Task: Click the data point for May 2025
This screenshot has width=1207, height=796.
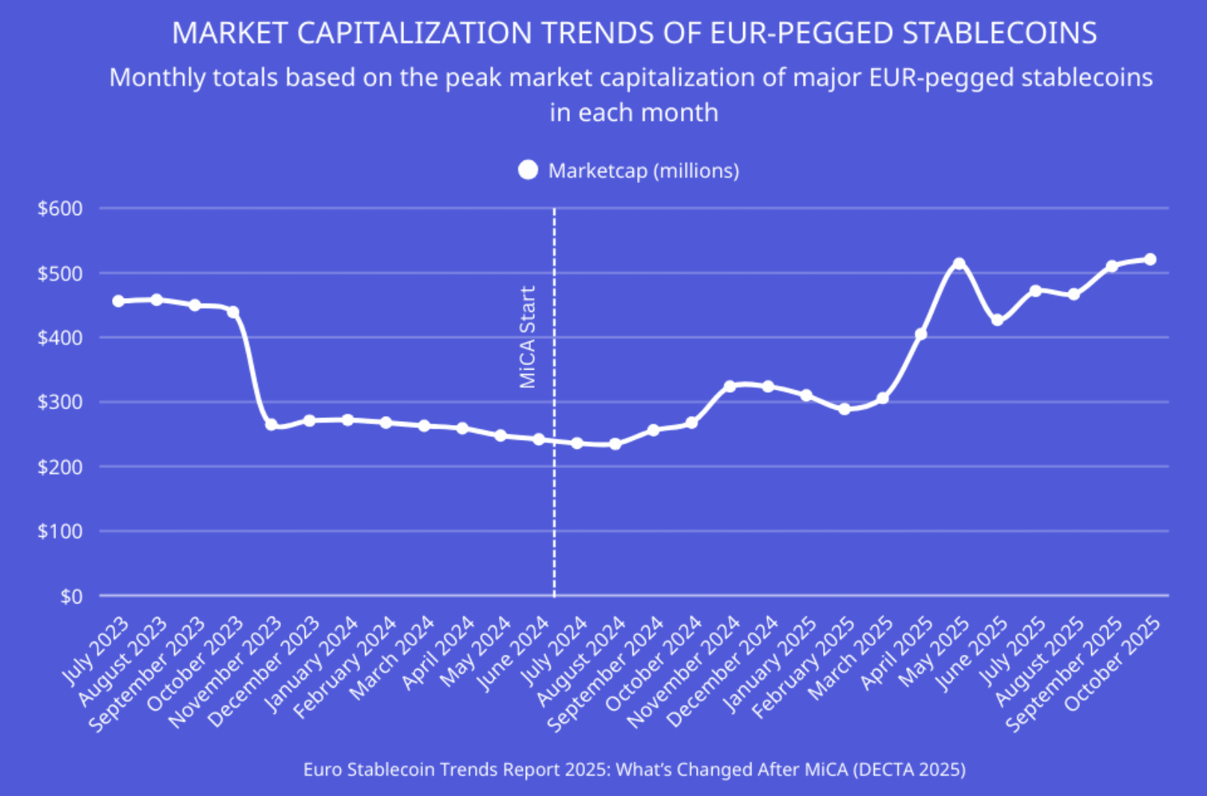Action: pos(959,264)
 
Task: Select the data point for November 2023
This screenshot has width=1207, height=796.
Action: pos(271,424)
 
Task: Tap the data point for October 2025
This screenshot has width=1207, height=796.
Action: pos(1150,259)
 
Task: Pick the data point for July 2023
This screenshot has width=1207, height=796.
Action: pos(118,301)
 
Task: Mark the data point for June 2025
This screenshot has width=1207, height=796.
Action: pos(997,320)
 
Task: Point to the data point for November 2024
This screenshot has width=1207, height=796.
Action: pos(730,386)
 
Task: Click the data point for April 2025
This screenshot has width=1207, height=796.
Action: pos(921,334)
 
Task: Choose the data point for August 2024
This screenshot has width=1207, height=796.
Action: pos(615,444)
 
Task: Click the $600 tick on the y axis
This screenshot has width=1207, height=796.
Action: pos(60,208)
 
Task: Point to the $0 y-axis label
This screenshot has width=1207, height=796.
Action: pos(71,596)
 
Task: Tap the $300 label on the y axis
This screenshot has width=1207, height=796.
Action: pos(60,402)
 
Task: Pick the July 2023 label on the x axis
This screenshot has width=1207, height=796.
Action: pos(96,650)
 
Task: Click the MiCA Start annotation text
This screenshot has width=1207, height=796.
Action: pos(528,337)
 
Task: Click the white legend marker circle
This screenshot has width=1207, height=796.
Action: pos(528,171)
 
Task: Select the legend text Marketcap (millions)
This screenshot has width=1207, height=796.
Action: pos(643,171)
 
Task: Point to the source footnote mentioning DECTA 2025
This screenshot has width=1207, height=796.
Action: pos(634,769)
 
